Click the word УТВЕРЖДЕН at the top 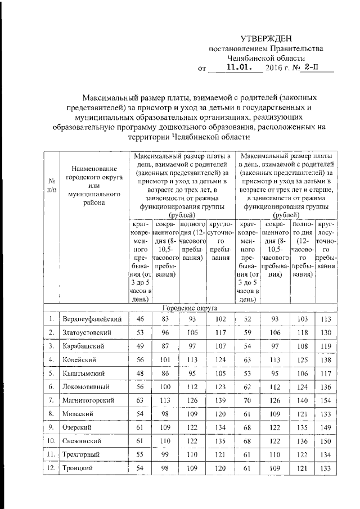[266, 39]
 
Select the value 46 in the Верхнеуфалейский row [141, 319]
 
